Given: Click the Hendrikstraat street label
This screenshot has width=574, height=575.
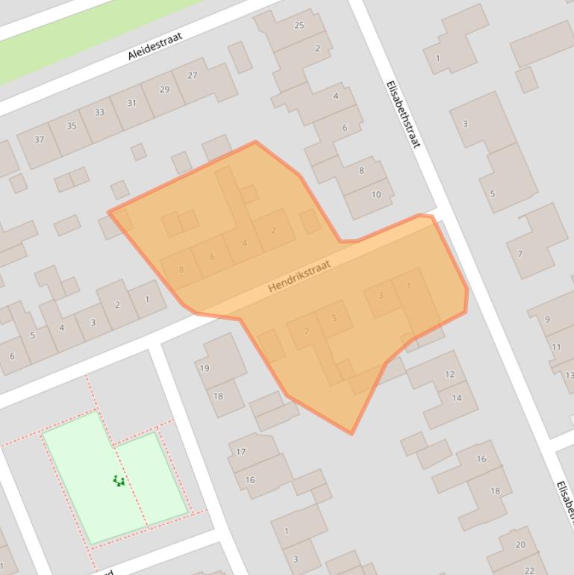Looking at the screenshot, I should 299,276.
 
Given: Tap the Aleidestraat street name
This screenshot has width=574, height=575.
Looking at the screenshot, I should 155,45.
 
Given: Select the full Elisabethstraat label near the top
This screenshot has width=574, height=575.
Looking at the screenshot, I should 404,114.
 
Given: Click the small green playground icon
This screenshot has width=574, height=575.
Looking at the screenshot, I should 119,481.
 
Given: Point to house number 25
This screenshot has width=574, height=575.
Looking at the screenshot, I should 299,25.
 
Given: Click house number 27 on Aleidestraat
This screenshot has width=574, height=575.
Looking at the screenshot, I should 193,75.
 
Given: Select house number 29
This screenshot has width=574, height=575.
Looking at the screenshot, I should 165,90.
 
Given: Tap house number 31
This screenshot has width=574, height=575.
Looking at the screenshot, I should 132,103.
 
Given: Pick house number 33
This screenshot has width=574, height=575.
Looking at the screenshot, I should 99,113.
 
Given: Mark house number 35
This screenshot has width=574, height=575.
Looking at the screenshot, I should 72,125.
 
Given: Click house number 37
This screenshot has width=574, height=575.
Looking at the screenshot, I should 39,140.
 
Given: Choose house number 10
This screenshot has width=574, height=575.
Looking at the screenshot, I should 376,195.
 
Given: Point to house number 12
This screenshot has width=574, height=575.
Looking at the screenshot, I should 449,375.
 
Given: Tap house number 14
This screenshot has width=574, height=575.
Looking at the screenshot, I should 457,398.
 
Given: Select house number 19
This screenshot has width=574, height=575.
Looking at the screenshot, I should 205,367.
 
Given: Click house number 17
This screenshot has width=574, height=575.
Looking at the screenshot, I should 241,452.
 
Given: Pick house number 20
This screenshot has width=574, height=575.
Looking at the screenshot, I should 520,544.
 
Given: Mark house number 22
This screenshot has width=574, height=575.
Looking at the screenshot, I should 530,571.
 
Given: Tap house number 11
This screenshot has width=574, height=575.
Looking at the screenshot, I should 556,347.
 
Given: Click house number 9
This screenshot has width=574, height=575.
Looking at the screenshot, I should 547,320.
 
